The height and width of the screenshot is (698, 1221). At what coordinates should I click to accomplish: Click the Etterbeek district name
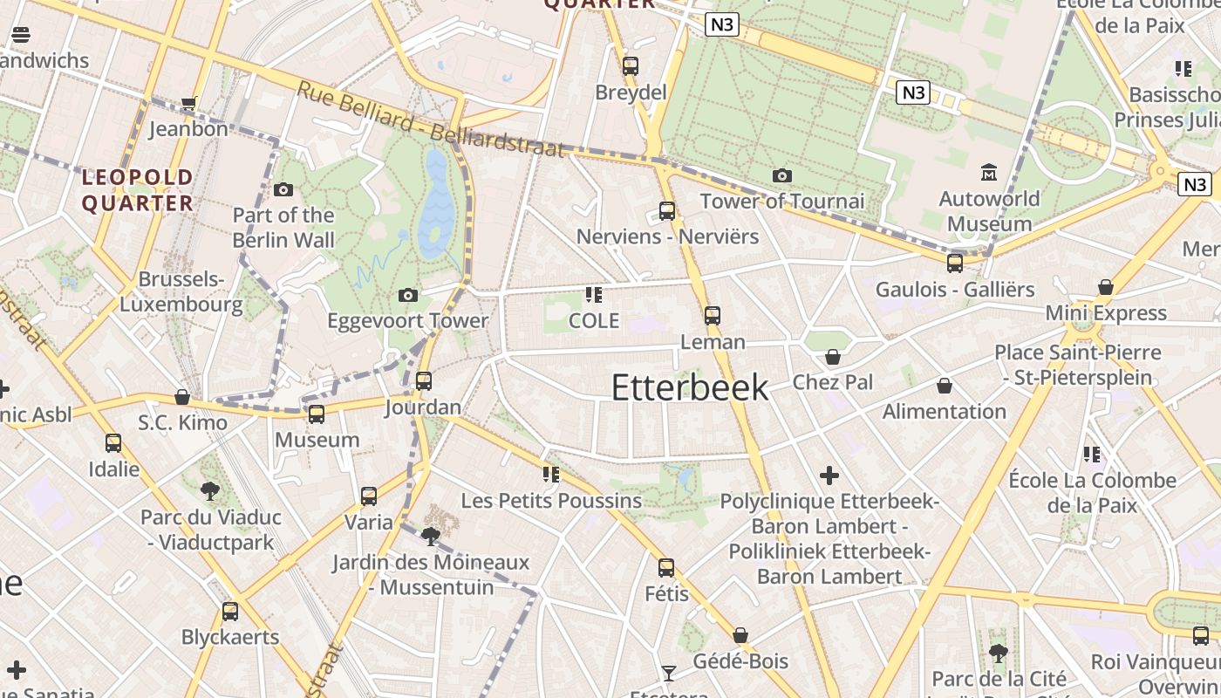[x=690, y=387]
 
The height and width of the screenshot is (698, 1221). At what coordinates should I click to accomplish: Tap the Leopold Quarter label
[x=137, y=190]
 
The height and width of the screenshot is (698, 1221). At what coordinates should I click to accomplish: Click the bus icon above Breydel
[x=631, y=66]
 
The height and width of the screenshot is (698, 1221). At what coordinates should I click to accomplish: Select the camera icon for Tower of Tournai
[x=782, y=176]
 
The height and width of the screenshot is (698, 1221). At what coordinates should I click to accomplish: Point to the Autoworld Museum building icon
[x=989, y=173]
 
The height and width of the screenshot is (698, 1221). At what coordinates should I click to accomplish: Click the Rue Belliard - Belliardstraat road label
[x=431, y=120]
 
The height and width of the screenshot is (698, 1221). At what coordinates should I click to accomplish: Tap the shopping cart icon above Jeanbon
[x=188, y=104]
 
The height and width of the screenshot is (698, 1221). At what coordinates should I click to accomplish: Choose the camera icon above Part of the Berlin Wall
[x=283, y=190]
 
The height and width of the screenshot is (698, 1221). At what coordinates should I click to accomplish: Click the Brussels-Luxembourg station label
[x=181, y=291]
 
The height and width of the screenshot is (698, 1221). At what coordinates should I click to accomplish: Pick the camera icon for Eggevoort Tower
[x=407, y=296]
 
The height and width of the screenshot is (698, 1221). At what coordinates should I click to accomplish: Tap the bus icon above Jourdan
[x=424, y=381]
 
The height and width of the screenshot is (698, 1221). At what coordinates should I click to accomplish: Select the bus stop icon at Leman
[x=713, y=316]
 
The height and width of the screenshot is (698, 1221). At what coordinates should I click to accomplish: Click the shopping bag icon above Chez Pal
[x=833, y=357]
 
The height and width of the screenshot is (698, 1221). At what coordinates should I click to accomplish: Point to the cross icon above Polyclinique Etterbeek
[x=829, y=476]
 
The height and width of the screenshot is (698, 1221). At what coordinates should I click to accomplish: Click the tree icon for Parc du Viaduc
[x=210, y=491]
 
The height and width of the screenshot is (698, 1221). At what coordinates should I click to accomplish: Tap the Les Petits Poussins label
[x=551, y=501]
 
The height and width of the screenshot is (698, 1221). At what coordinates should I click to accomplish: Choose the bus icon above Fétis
[x=666, y=568]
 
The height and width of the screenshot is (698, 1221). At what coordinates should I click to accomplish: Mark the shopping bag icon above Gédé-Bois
[x=740, y=635]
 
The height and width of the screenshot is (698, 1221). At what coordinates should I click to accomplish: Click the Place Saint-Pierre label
[x=1078, y=365]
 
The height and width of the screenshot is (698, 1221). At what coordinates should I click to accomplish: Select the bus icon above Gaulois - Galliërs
[x=955, y=263]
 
